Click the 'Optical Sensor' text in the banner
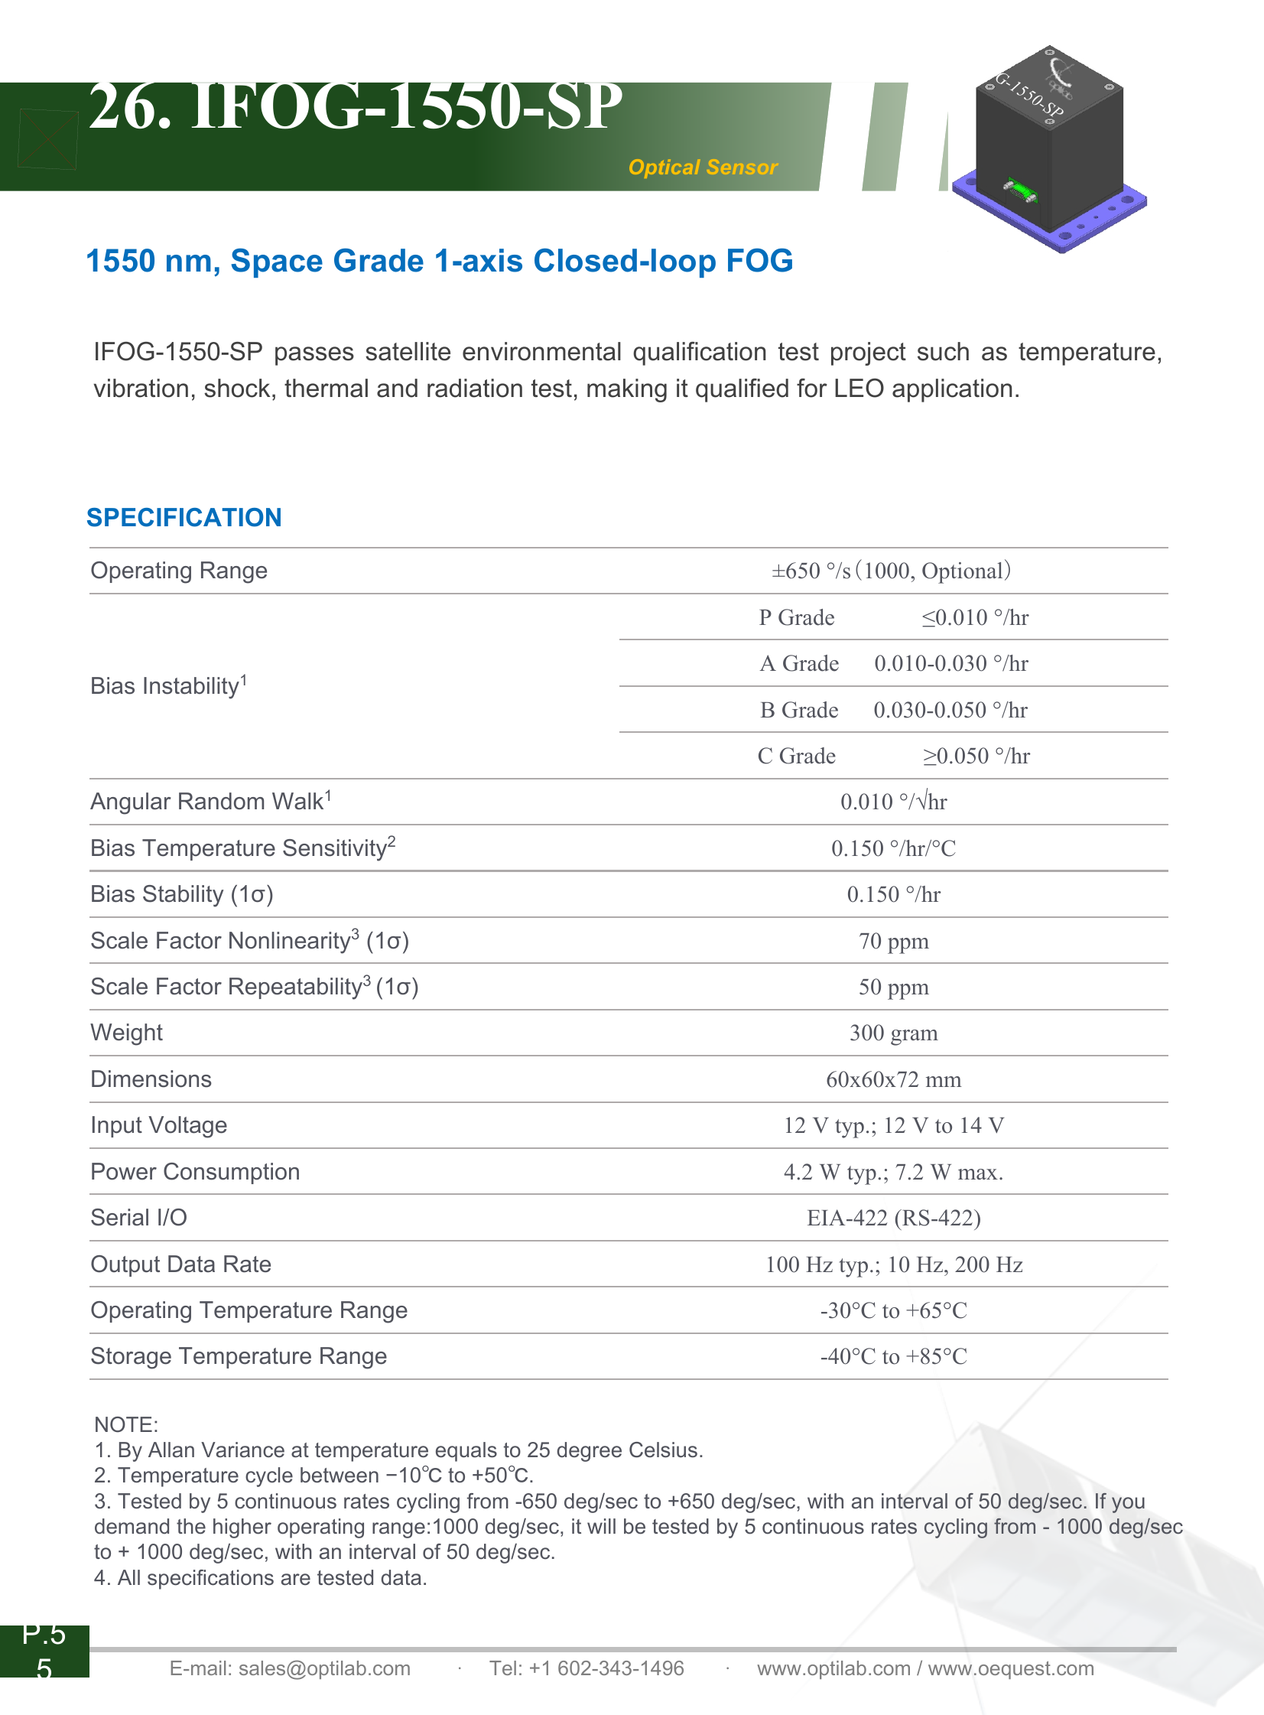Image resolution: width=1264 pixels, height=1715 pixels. pos(703,168)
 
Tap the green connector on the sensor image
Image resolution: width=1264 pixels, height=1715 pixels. pos(1019,190)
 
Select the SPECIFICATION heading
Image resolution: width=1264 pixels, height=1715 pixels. pos(184,517)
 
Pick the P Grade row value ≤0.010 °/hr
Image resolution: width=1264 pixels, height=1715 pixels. pos(975,617)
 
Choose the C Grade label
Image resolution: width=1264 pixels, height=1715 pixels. pos(796,756)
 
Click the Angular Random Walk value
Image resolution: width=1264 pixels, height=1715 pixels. pos(893,802)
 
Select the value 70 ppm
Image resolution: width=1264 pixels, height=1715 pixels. pos(893,942)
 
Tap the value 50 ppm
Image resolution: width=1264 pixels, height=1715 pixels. pos(893,988)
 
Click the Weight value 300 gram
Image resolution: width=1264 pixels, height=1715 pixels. pos(893,1033)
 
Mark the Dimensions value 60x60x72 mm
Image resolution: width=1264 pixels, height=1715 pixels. pos(893,1080)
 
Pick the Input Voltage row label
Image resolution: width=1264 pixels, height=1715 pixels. pos(158,1125)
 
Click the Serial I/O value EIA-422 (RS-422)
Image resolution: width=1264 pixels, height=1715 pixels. pos(893,1219)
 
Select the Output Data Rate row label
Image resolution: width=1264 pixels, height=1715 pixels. pos(180,1264)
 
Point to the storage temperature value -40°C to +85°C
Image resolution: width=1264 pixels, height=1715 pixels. pos(893,1357)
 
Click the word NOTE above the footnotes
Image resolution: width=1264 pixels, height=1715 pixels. pos(125,1424)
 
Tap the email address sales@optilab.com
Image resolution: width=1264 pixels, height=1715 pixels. pos(323,1668)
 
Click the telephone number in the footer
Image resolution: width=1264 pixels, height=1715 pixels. pos(587,1668)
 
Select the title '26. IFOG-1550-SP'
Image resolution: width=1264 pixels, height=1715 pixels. pos(355,107)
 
